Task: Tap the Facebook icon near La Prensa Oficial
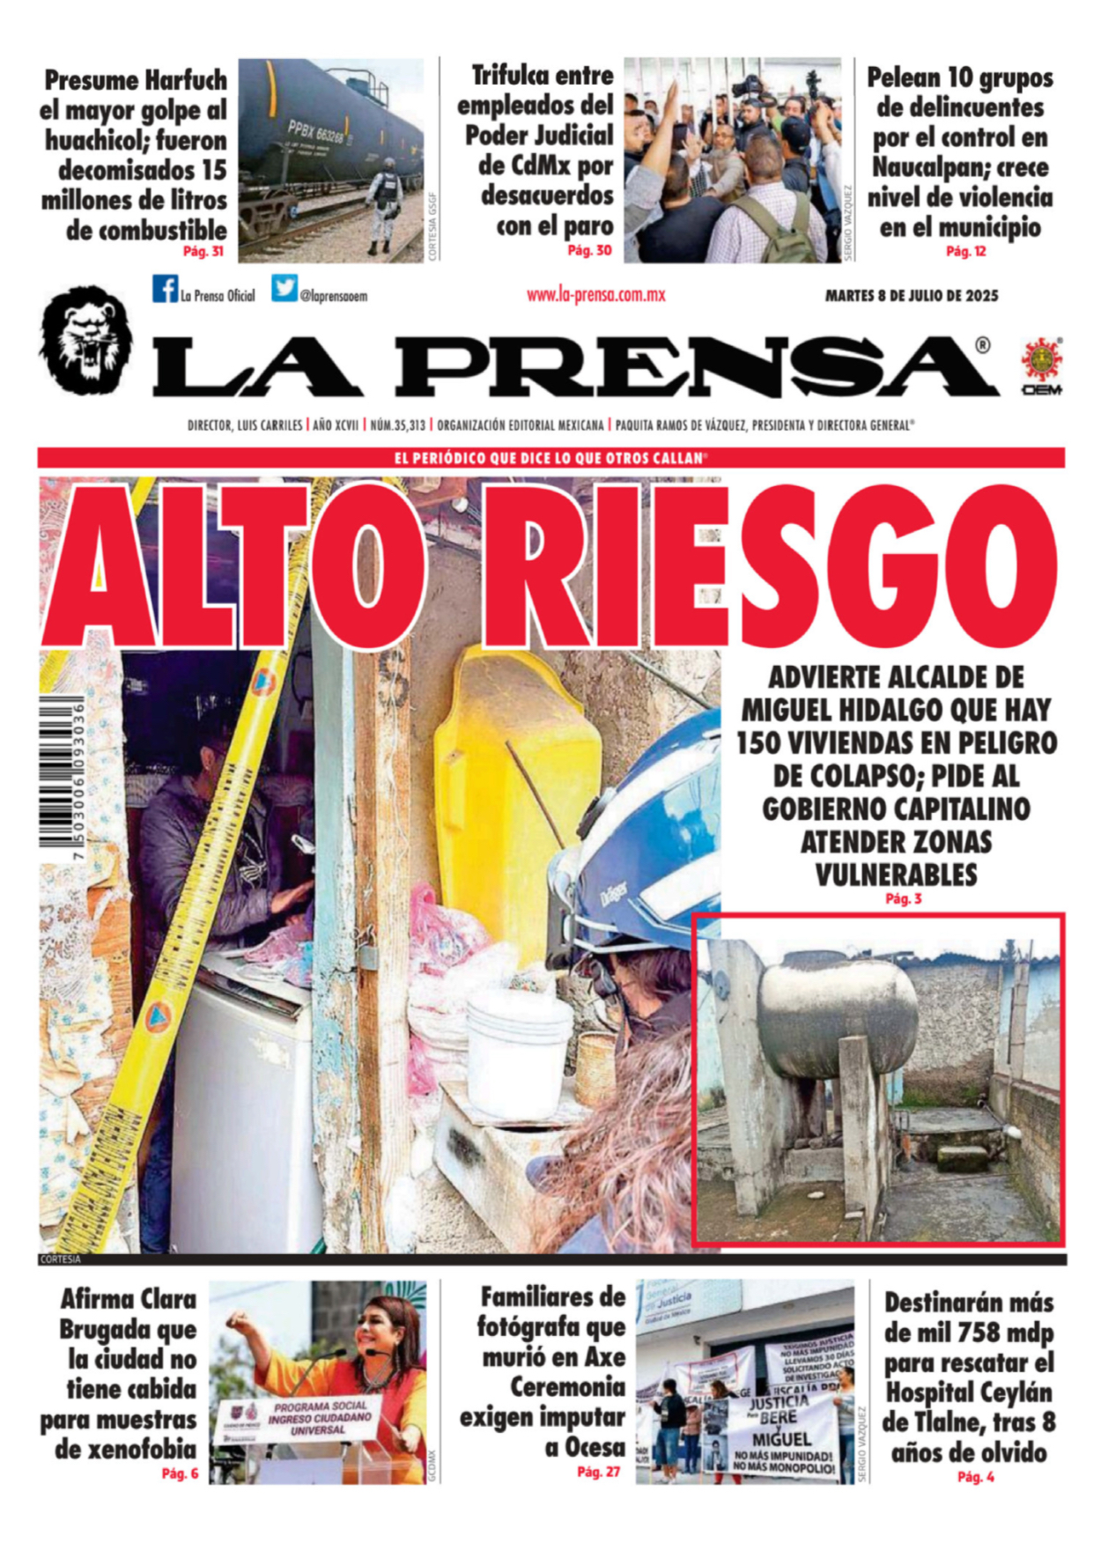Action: tap(164, 289)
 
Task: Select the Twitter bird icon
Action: tap(284, 289)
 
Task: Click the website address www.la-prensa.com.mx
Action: tap(595, 296)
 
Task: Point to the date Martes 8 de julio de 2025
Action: tap(912, 296)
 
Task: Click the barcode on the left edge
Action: tap(62, 775)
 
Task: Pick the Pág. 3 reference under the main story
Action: tap(903, 899)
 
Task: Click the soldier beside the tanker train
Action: tap(386, 205)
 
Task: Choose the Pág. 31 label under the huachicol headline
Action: tap(203, 252)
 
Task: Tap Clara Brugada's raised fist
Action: tap(238, 1321)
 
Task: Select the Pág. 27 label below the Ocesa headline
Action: tap(599, 1472)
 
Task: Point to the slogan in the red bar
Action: tap(550, 458)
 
